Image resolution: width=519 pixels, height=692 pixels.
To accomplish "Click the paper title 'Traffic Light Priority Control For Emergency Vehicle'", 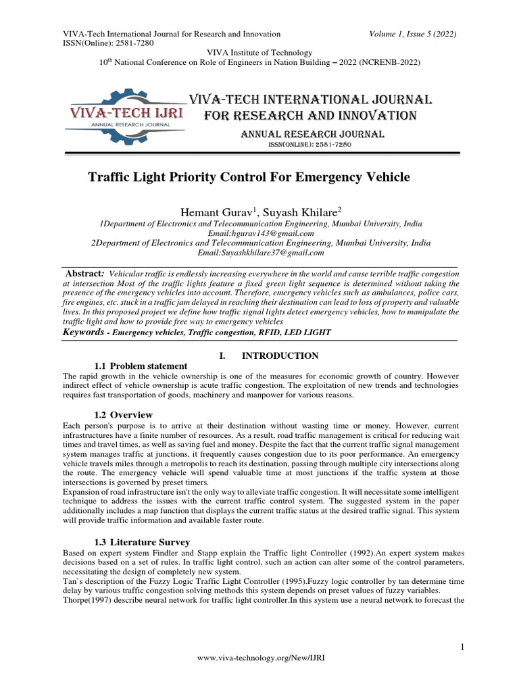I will (x=249, y=177).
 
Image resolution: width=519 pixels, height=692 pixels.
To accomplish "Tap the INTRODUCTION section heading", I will (x=280, y=355).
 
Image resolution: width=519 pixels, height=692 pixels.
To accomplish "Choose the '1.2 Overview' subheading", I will (x=122, y=414).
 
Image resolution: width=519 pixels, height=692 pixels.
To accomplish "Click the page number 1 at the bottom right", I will (x=462, y=648).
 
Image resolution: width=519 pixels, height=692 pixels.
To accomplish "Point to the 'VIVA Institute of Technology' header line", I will (x=259, y=53).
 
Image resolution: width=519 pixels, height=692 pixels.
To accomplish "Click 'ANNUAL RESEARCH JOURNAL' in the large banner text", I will (x=313, y=135).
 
